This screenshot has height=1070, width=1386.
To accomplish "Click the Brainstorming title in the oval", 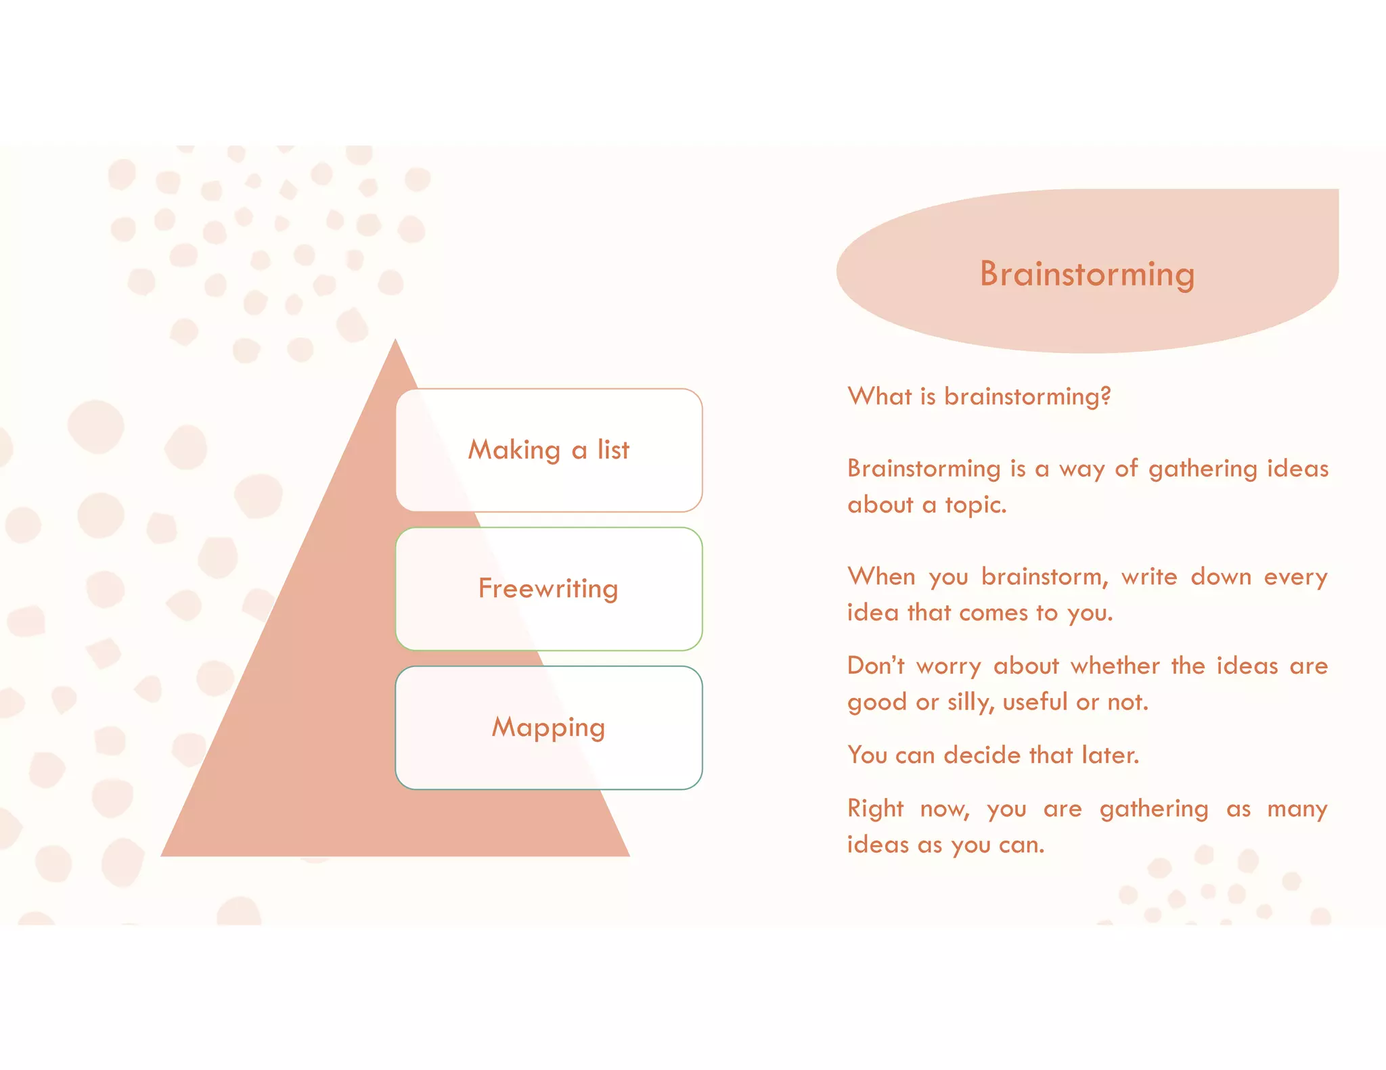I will coord(1087,274).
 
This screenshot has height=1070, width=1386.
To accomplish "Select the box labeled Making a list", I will coord(549,450).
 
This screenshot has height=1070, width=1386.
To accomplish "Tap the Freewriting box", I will coord(549,588).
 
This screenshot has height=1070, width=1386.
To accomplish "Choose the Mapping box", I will coord(549,727).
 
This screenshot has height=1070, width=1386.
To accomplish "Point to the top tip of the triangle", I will coord(396,342).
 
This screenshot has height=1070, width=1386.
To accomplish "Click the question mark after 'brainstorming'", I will coord(1106,396).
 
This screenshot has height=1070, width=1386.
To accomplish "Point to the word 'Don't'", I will coord(876,666).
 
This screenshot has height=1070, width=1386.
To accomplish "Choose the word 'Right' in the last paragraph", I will coord(875,809).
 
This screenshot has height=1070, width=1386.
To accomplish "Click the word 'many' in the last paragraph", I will coord(1297,809).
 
